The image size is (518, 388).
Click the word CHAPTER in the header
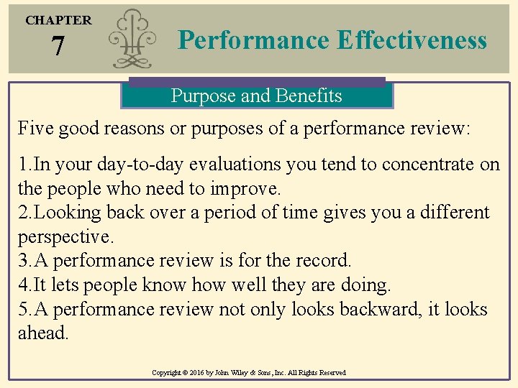tap(58, 20)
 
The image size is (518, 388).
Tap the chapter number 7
tap(58, 47)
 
